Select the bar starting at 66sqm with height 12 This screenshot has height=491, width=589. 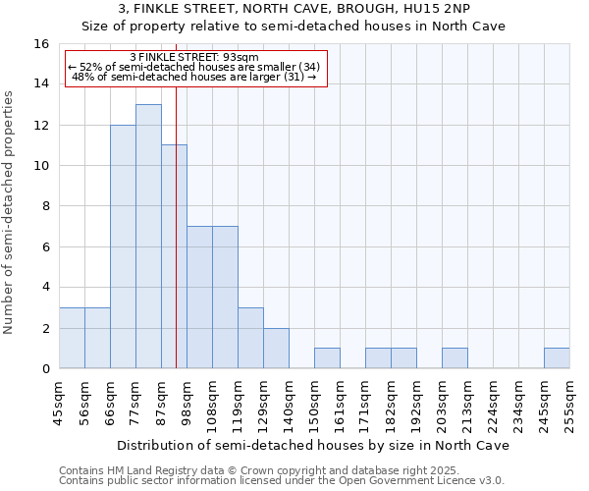pyautogui.click(x=123, y=246)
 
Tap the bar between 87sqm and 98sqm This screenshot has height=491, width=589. pyautogui.click(x=174, y=256)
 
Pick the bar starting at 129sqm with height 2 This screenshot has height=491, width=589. pyautogui.click(x=276, y=349)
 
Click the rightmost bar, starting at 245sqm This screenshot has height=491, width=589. pyautogui.click(x=557, y=358)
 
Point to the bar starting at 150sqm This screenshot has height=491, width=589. pyautogui.click(x=327, y=358)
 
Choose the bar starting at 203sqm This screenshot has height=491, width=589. pyautogui.click(x=455, y=358)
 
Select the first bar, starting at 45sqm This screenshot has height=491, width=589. pyautogui.click(x=72, y=338)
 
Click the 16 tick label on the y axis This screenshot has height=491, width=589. pyautogui.click(x=41, y=44)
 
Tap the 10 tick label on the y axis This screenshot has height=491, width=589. pyautogui.click(x=41, y=166)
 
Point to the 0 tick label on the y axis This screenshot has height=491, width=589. pyautogui.click(x=45, y=369)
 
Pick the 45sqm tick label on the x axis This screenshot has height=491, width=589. pyautogui.click(x=59, y=401)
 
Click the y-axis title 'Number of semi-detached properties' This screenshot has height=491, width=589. pyautogui.click(x=10, y=212)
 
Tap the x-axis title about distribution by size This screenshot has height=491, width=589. pyautogui.click(x=314, y=445)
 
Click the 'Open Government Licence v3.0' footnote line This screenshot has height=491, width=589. pyautogui.click(x=282, y=480)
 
